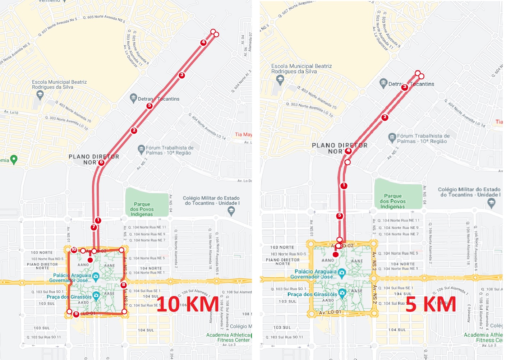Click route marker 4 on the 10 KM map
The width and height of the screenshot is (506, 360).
click(203, 42)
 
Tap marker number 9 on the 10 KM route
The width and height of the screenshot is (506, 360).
click(76, 314)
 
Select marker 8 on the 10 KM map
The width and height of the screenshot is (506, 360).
click(124, 285)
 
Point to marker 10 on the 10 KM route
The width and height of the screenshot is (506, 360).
click(74, 249)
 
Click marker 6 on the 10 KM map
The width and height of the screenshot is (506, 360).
click(101, 162)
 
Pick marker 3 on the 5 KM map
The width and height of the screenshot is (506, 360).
click(405, 87)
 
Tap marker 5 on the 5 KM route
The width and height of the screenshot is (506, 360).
click(340, 216)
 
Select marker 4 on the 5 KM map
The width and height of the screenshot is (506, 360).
click(348, 151)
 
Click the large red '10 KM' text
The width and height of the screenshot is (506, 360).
click(188, 304)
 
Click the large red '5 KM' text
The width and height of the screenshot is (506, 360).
click(431, 304)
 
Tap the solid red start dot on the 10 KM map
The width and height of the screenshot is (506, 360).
click(90, 260)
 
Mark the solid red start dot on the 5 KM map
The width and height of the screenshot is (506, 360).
click(336, 254)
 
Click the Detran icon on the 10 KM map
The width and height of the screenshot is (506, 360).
click(133, 98)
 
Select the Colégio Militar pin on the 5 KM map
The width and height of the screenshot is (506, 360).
click(491, 203)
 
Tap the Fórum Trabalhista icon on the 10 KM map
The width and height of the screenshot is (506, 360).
click(141, 148)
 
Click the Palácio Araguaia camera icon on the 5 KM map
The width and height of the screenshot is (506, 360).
click(342, 273)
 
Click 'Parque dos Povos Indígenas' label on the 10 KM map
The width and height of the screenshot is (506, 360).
click(142, 209)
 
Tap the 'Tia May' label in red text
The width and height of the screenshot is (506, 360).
click(243, 134)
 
